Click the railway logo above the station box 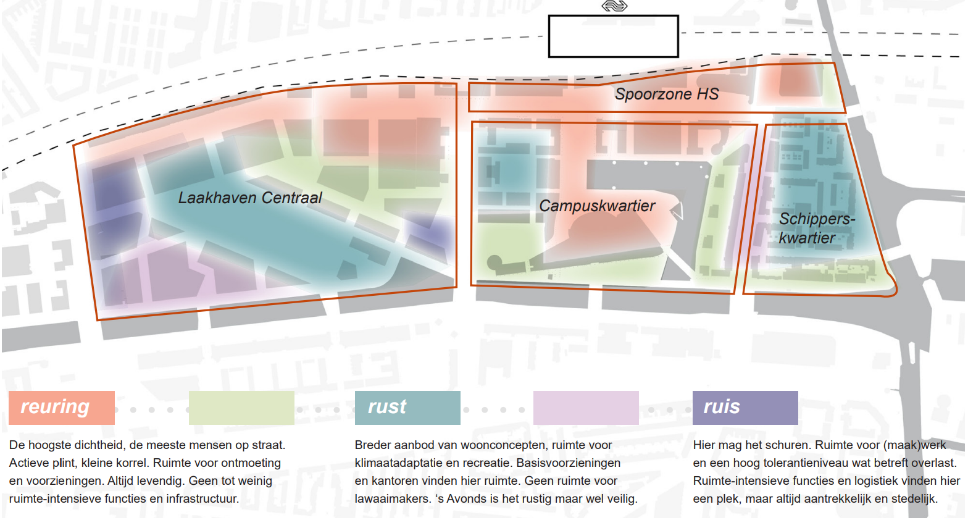tap(614, 6)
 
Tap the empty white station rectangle tap(614, 36)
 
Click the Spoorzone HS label tap(667, 94)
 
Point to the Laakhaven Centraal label tap(250, 198)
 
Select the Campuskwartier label tap(597, 206)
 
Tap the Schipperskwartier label tap(817, 229)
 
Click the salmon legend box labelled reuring tap(62, 408)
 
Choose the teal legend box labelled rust tap(407, 408)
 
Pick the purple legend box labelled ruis tap(745, 408)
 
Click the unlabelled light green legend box tap(241, 408)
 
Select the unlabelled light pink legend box tap(586, 408)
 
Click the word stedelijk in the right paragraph tap(914, 499)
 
